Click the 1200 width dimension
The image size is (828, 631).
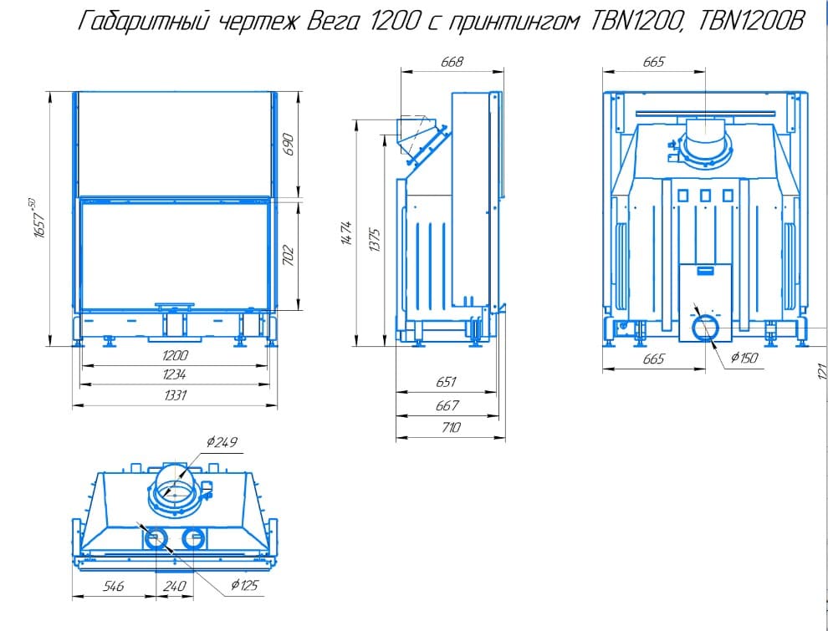175,355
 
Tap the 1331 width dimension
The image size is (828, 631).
174,395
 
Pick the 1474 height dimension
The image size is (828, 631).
347,233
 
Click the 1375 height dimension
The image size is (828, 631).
375,239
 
